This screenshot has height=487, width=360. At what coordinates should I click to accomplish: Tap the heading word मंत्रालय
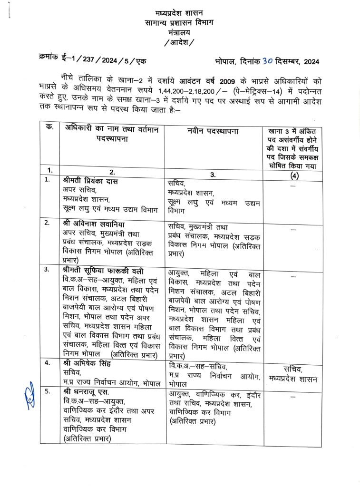pyautogui.click(x=180, y=32)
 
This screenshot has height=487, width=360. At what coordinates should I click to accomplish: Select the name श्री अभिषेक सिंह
pyautogui.click(x=86, y=363)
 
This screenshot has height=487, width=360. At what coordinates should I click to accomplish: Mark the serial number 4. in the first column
pyautogui.click(x=48, y=363)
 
